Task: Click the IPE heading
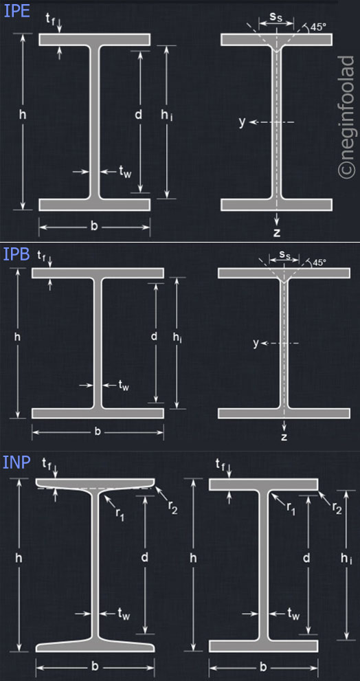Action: coord(16,11)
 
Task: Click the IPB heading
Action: coord(16,254)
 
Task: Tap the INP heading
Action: coord(16,463)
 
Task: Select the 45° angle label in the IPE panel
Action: coord(318,27)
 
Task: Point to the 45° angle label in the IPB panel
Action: coord(319,263)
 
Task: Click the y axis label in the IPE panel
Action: coord(242,122)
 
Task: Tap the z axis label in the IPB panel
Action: coord(284,437)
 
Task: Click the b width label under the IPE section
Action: coord(94,226)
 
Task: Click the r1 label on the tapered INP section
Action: coord(119,512)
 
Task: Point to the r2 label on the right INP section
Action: coord(336,509)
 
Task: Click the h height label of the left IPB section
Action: coord(18,337)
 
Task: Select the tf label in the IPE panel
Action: coord(52,18)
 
